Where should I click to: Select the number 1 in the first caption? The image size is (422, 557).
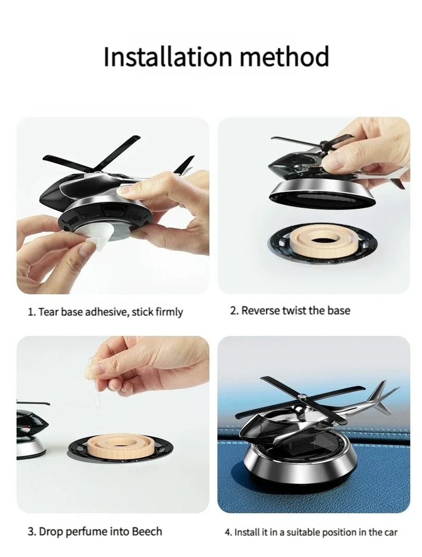30,312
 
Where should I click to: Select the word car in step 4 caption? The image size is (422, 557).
390,532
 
